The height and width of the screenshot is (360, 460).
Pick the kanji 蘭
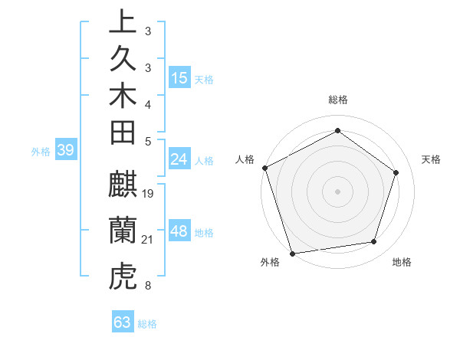[x=123, y=231]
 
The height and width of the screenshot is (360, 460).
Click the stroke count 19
[x=149, y=193]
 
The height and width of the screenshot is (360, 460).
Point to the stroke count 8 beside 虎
[x=147, y=286]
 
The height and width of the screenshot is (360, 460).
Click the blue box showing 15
[x=179, y=78]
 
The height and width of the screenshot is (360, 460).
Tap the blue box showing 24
[x=179, y=159]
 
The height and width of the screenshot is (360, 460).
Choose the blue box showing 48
[x=179, y=231]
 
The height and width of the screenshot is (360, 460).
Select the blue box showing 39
[x=65, y=150]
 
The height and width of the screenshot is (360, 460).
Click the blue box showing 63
[x=123, y=322]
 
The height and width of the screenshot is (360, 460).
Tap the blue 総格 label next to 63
[x=148, y=324]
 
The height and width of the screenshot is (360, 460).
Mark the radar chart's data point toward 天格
[x=396, y=172]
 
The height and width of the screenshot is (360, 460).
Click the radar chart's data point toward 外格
[x=293, y=253]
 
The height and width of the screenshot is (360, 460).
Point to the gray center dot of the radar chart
[x=337, y=191]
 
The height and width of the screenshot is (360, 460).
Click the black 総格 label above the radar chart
[x=338, y=100]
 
